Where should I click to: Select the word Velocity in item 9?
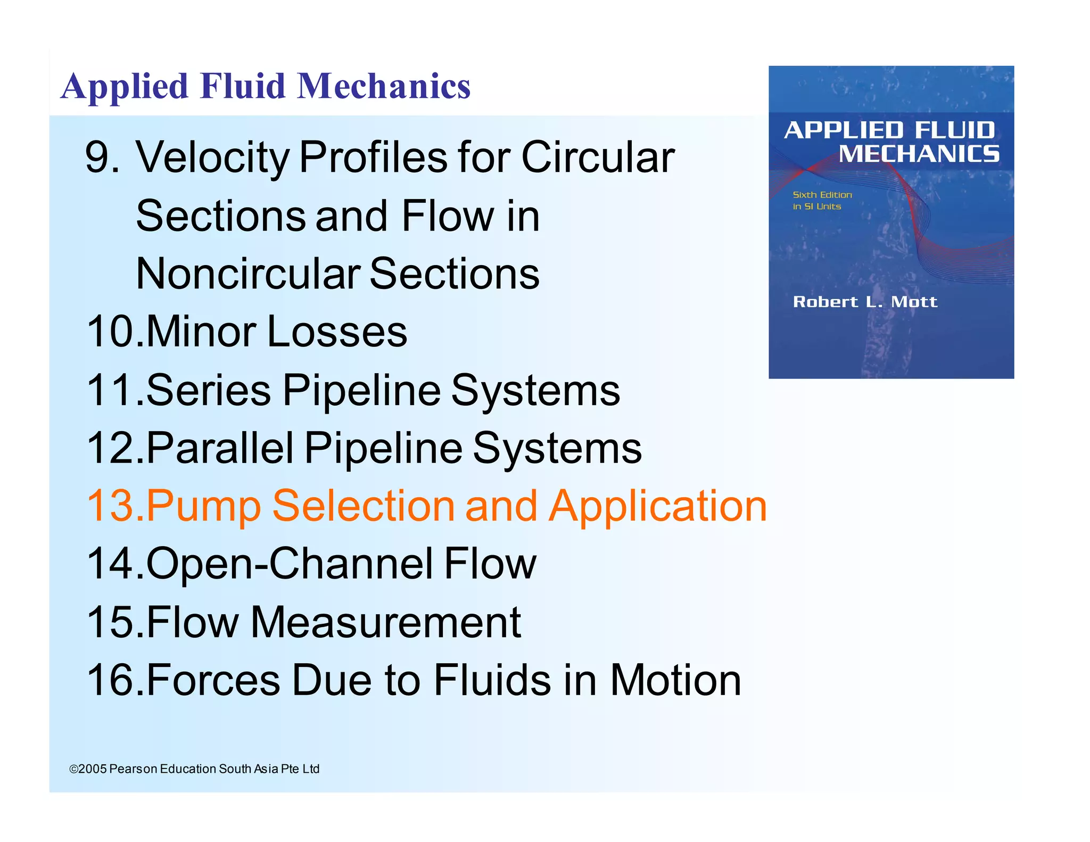(x=213, y=158)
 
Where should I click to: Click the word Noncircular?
(x=247, y=274)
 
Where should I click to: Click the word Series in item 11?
(x=208, y=390)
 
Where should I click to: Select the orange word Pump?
(x=203, y=507)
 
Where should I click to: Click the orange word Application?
(x=658, y=507)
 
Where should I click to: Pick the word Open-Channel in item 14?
(x=289, y=564)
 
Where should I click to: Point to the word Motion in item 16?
(x=675, y=680)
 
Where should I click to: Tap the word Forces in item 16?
(x=213, y=680)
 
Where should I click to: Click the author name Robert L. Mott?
(x=865, y=302)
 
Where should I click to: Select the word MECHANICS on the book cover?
(x=919, y=154)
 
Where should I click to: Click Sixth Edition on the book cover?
(x=822, y=195)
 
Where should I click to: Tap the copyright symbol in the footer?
(x=73, y=769)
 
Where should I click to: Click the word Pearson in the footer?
(x=133, y=769)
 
